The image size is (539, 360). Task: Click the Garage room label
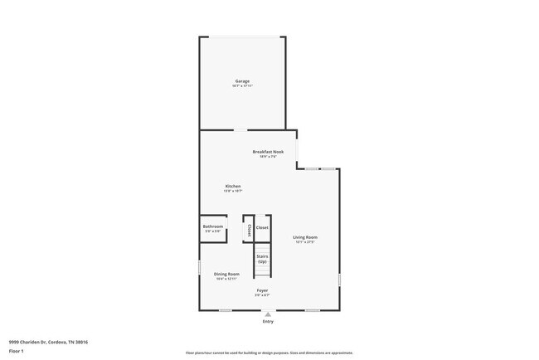coord(242,80)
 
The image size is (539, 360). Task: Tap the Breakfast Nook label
coord(268,152)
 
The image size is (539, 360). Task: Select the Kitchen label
coord(233,186)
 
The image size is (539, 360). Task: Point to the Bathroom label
coord(213,226)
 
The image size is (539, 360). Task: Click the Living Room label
coord(305,237)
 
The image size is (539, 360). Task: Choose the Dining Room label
coord(227,274)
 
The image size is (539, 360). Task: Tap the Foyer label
coord(262,290)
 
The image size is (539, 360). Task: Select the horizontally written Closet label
coord(262,226)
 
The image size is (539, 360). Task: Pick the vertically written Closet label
coord(249,230)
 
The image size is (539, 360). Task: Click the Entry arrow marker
coord(268,314)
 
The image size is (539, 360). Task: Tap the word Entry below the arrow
coord(268,322)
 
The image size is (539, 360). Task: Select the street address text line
coord(49,341)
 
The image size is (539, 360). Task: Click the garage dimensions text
coord(242,85)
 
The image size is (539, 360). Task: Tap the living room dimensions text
coord(305,242)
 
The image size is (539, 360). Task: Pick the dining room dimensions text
coord(227,279)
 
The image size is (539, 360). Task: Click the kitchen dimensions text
coord(233,191)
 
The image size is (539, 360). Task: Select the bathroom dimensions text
coord(213,231)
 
